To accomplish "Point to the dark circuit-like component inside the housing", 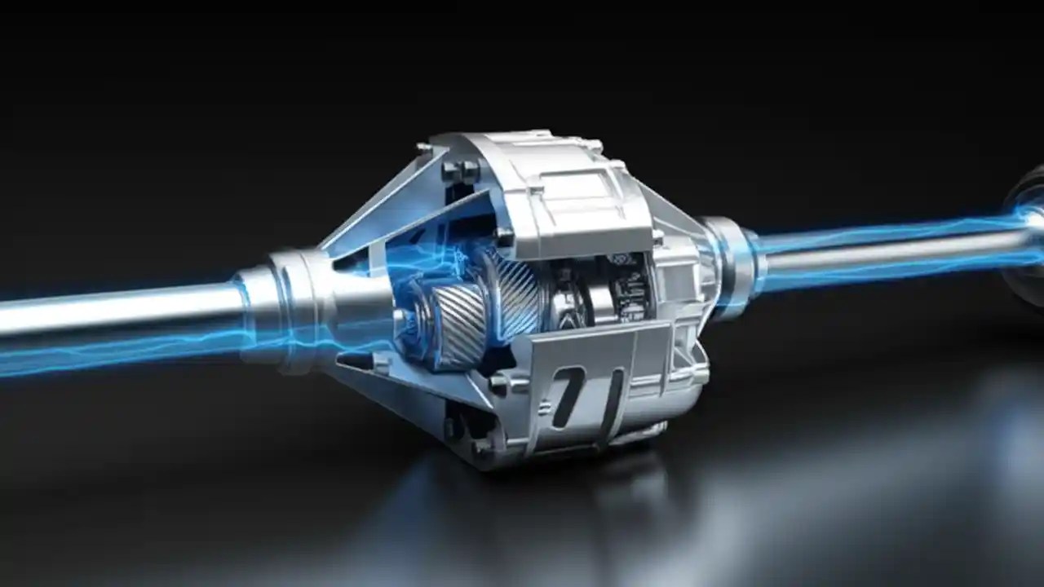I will point(629,285).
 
